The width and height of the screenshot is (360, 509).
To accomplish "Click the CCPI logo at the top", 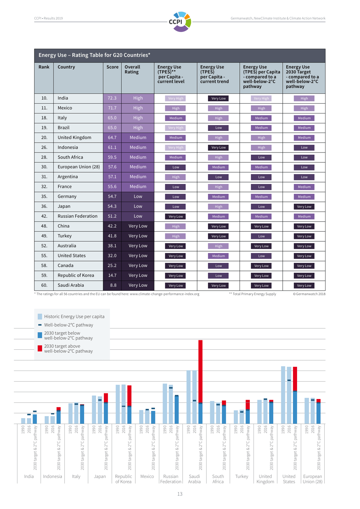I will coord(180,21).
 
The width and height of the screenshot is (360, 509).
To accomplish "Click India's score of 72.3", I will coord(112,98).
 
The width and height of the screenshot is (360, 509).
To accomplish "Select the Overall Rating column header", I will coord(132,69).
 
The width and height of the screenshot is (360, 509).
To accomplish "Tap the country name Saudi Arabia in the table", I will coord(71,285).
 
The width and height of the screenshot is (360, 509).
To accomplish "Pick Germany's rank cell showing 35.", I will coord(44,196).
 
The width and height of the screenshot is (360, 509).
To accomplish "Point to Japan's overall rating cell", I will coord(138,206).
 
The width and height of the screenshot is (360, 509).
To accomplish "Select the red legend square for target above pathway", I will coord(40,348).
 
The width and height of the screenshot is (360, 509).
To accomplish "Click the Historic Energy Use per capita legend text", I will coord(74,316).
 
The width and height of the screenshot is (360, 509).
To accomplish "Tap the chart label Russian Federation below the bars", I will coord(171,479).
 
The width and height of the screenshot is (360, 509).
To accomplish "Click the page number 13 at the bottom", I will coord(180,494).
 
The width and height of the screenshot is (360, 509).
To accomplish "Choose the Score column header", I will coord(113,67).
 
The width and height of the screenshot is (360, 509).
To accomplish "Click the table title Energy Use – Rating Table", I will coord(94,55).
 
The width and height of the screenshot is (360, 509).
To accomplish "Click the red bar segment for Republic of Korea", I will coord(130,396).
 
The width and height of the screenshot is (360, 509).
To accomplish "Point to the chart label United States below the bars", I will coord(289,479).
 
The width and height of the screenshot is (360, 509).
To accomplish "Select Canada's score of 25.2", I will coord(112,265).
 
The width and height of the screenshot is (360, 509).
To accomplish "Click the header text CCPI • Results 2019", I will coord(49,18).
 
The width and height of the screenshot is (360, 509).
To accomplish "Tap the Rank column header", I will coord(44,67).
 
